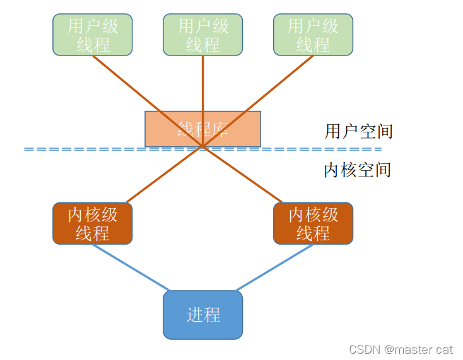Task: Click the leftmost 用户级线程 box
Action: click(x=93, y=35)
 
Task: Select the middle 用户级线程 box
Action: click(x=202, y=35)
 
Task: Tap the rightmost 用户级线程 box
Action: click(x=313, y=35)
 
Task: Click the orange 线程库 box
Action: click(x=202, y=129)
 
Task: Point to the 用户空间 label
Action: click(x=358, y=131)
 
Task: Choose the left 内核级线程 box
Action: click(x=93, y=223)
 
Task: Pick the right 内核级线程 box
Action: click(x=313, y=223)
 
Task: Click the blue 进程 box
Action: click(x=202, y=315)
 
